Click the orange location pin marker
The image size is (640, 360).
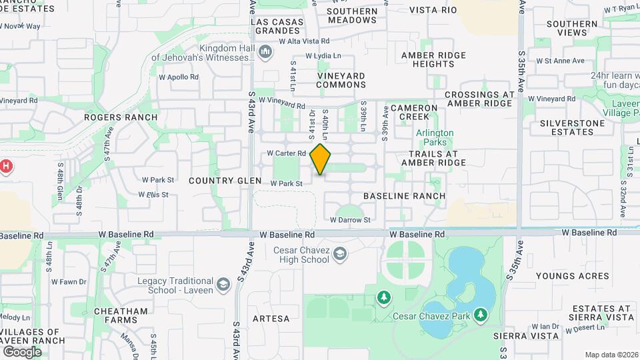tap(321, 159)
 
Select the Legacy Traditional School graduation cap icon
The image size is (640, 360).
tap(223, 285)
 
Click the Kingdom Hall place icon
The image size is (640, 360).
tap(265, 51)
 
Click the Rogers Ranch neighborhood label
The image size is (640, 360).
tap(121, 117)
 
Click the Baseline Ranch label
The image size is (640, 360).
tap(404, 196)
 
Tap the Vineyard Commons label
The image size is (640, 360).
tap(341, 80)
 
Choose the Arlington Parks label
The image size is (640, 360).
tap(435, 137)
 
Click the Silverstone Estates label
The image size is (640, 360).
tap(567, 127)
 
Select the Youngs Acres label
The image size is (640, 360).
tap(572, 276)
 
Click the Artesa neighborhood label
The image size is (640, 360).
tap(271, 319)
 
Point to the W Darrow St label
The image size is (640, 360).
tap(350, 219)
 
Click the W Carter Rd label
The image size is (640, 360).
tap(286, 153)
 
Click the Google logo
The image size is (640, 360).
tap(22, 351)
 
